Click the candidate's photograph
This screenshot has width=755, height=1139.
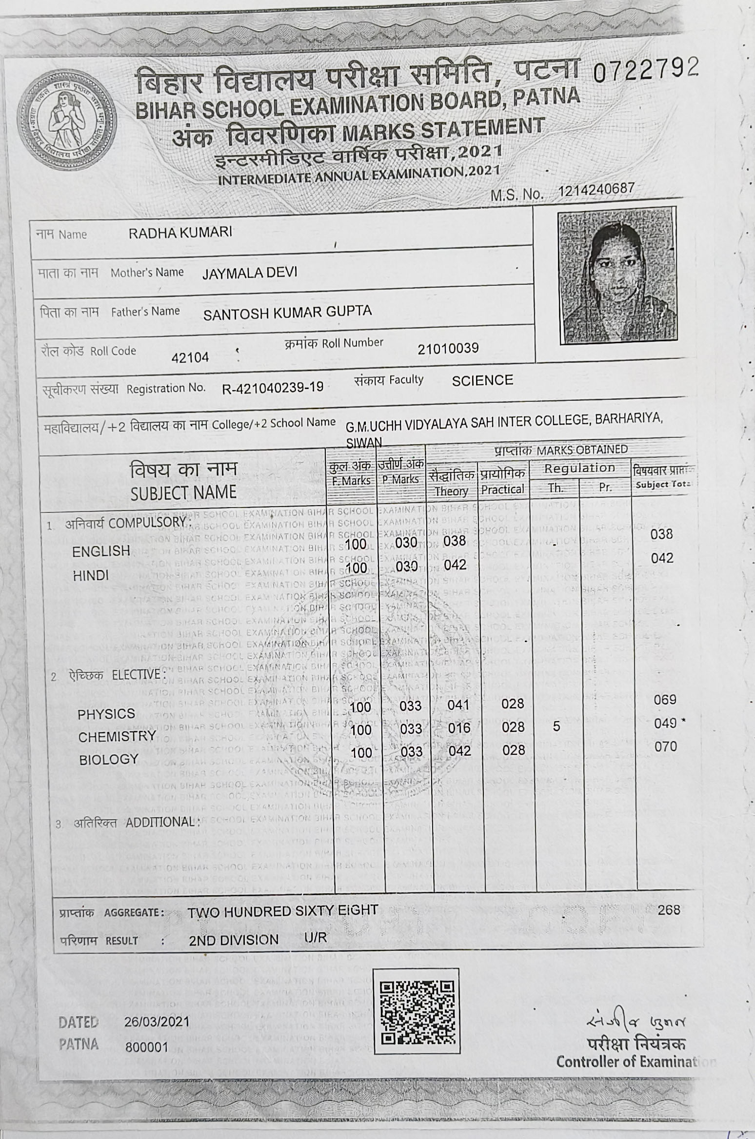click(x=617, y=276)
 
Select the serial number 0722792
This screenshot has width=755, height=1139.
click(x=646, y=70)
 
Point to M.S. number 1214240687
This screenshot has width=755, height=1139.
click(x=596, y=189)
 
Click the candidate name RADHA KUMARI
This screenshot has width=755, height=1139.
click(x=180, y=233)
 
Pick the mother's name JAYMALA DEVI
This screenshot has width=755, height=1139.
click(x=250, y=272)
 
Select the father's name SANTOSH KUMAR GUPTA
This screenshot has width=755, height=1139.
click(x=287, y=312)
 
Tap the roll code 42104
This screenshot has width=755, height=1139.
click(x=190, y=357)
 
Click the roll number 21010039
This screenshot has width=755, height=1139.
click(x=448, y=348)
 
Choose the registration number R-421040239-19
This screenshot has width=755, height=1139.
click(x=273, y=388)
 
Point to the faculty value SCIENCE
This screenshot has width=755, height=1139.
click(x=482, y=380)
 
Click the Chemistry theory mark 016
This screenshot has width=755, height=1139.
click(x=459, y=728)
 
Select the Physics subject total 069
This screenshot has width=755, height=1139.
click(x=665, y=700)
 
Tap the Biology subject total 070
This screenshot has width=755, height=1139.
click(x=666, y=746)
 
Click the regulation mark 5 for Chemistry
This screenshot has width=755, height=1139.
click(x=556, y=727)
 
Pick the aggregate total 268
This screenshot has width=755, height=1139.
click(x=668, y=910)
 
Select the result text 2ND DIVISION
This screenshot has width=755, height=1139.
click(x=234, y=940)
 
